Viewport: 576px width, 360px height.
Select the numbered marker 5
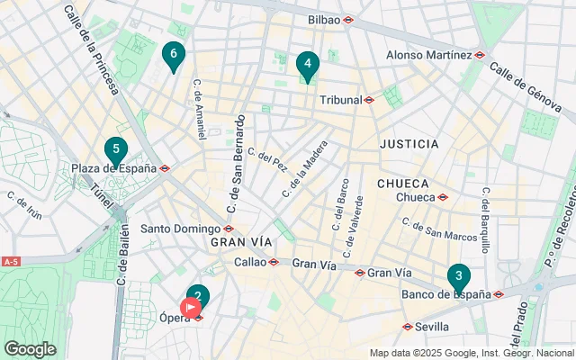tap(114, 151)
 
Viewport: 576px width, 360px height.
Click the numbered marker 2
tap(198, 296)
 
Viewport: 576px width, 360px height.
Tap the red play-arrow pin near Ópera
tap(190, 308)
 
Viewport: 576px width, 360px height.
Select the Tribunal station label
tap(340, 99)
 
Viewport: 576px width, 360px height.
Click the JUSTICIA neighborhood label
tap(409, 144)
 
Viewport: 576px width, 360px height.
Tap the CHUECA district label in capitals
tap(402, 183)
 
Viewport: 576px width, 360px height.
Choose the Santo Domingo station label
tap(180, 228)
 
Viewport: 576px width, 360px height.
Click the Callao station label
tap(250, 262)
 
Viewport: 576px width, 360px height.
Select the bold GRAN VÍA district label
tap(240, 242)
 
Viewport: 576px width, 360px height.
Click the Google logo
tap(30, 348)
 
